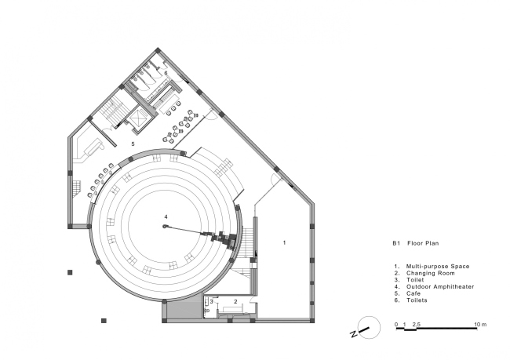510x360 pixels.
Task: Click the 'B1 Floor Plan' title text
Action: (415, 243)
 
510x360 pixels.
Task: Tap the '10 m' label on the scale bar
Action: (480, 325)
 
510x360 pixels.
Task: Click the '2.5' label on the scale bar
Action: (417, 325)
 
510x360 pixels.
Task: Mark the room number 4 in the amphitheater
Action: (166, 217)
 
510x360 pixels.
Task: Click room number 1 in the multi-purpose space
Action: (284, 242)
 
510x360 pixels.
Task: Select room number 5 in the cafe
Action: (133, 144)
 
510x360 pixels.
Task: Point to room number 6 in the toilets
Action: (166, 73)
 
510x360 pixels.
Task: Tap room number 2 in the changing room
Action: (235, 301)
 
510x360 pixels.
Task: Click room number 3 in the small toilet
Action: (211, 301)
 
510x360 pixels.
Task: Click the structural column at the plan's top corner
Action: (158, 50)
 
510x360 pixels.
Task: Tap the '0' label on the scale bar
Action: (396, 325)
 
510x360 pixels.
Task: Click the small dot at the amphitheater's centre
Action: (165, 227)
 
